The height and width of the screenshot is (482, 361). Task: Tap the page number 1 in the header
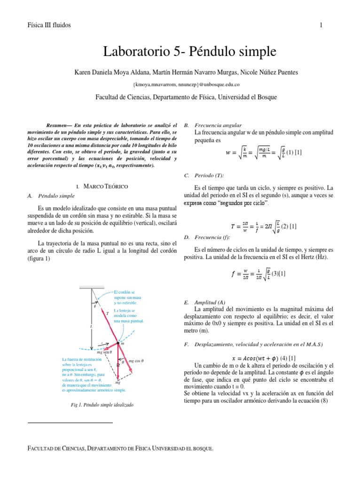tap(321, 25)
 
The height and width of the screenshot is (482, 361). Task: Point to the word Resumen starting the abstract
tap(58, 126)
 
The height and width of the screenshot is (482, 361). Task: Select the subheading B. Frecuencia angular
tap(213, 126)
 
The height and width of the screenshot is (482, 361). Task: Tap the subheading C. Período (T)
tap(207, 176)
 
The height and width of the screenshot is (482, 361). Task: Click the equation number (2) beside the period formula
tap(285, 226)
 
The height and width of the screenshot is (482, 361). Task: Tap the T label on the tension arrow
tap(107, 313)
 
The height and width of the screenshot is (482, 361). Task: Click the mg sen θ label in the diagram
tap(104, 352)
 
